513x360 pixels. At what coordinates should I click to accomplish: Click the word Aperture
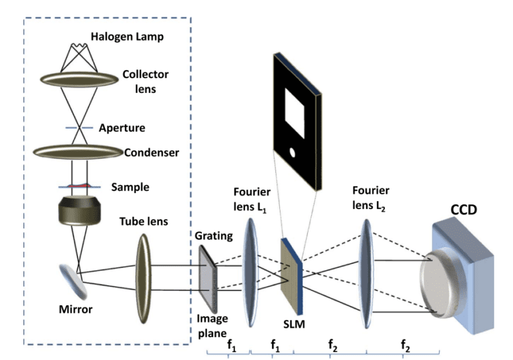pos(122,128)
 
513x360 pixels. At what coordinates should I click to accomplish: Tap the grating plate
pos(207,277)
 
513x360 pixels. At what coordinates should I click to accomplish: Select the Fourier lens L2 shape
pos(366,274)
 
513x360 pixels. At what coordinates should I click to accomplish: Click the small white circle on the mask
pos(292,154)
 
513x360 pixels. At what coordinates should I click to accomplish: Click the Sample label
pos(130,187)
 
